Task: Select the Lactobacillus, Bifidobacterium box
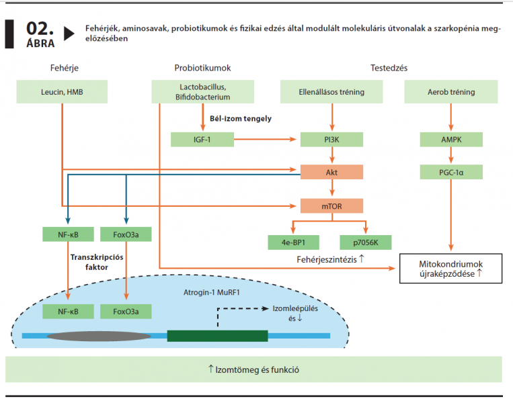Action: click(202, 92)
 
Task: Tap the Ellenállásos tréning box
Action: click(331, 92)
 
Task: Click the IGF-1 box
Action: click(202, 140)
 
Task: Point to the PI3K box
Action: click(331, 140)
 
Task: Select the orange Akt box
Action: click(331, 172)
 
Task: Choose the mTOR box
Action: click(331, 206)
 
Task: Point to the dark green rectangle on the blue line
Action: click(217, 336)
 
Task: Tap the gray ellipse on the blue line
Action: click(99, 336)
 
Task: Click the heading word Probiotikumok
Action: click(202, 68)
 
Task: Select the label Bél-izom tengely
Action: click(241, 119)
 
